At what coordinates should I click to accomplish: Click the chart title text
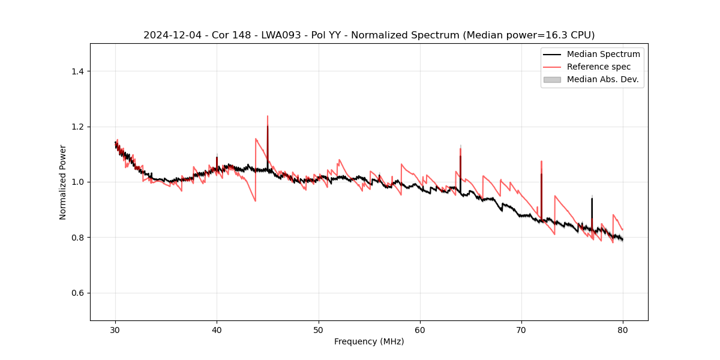click(369, 35)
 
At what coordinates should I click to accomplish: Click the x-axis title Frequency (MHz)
click(369, 341)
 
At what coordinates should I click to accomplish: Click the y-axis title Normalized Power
click(63, 182)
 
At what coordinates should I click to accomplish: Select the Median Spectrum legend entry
click(603, 54)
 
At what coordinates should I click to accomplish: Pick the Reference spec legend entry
click(598, 67)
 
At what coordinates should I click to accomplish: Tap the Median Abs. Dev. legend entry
click(602, 79)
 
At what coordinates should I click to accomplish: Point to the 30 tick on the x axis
click(116, 329)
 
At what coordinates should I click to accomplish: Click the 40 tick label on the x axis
click(217, 329)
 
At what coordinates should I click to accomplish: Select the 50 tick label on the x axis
click(319, 329)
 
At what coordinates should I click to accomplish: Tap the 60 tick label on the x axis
click(420, 329)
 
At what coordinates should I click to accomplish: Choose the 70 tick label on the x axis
click(521, 329)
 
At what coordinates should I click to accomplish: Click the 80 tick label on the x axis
click(623, 329)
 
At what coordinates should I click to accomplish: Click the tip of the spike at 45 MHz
click(268, 116)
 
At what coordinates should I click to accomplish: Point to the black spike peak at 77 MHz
click(592, 199)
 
